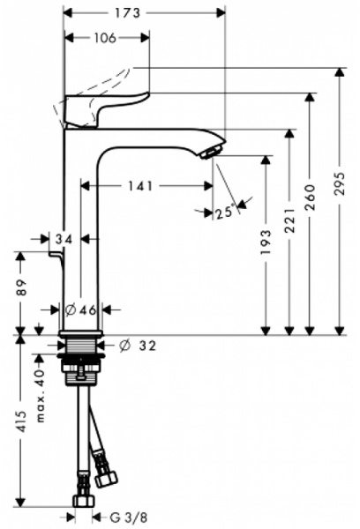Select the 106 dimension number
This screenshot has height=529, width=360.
click(x=105, y=38)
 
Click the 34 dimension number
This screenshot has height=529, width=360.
click(x=63, y=238)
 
